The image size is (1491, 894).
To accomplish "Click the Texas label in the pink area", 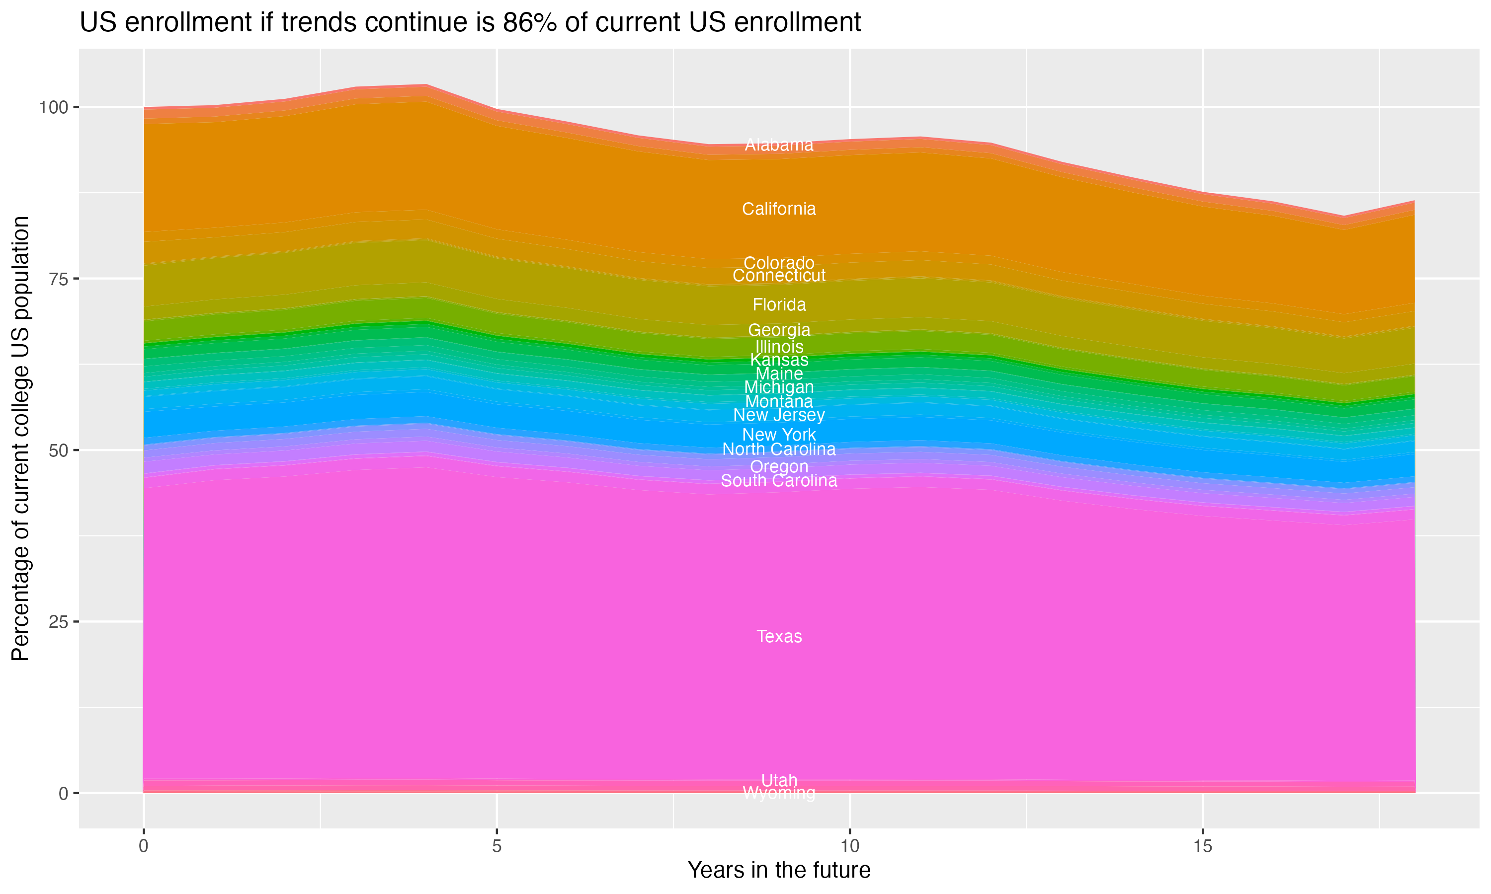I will (x=779, y=637).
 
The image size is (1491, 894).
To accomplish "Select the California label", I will (x=779, y=209).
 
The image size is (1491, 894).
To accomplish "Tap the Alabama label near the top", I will (x=779, y=145).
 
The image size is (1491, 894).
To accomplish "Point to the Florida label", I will (x=779, y=305).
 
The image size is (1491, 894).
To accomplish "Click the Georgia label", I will (x=779, y=330).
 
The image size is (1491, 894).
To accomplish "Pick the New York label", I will (x=779, y=435).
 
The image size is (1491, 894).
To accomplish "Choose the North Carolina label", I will (x=779, y=449).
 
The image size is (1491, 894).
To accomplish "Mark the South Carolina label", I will (x=779, y=481).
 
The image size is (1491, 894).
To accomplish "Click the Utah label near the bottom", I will (x=779, y=780).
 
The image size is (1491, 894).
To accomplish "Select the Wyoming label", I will (x=779, y=793).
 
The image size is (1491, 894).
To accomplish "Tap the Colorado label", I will (x=779, y=263).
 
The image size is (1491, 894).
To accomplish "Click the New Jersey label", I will (x=779, y=415).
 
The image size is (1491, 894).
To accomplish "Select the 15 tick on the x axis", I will (x=1202, y=846).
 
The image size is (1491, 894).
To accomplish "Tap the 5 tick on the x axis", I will (x=497, y=846).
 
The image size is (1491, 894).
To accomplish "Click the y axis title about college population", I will (x=20, y=438).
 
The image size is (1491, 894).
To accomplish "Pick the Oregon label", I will (x=779, y=466).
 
